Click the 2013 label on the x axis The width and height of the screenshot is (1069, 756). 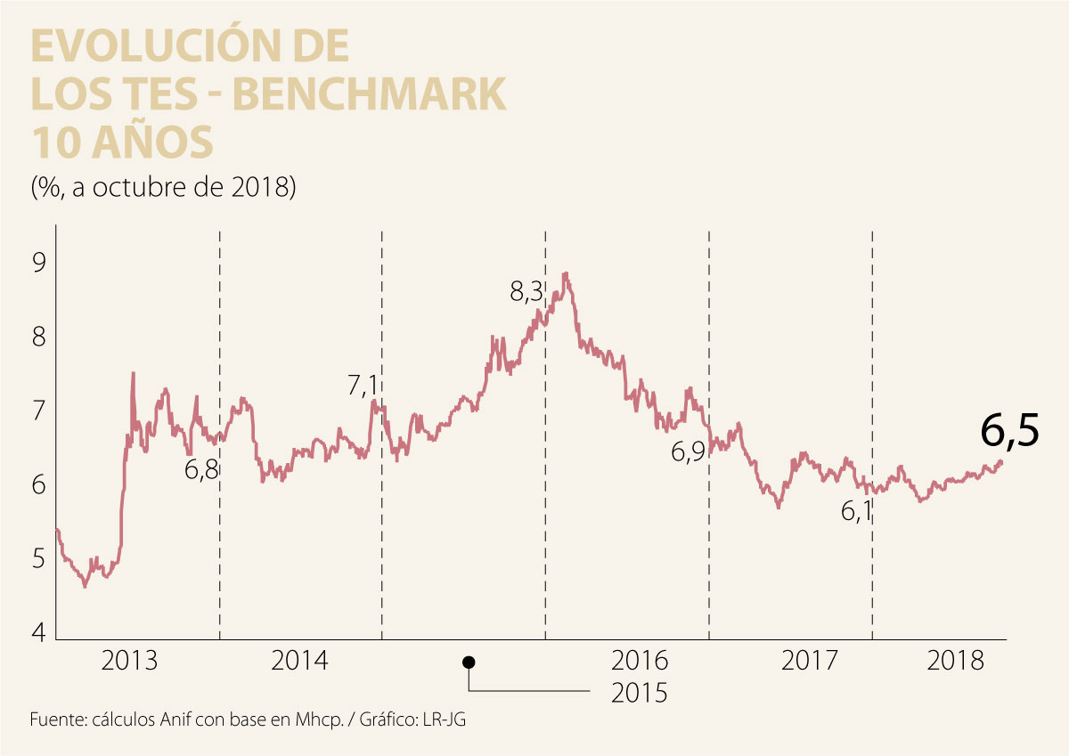point(130,662)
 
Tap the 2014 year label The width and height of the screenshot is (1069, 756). point(299,662)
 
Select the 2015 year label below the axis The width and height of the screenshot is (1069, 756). point(639,693)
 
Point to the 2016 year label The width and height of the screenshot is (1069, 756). point(640,662)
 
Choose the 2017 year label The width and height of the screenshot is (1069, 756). point(809,662)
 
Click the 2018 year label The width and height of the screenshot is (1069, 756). point(956,662)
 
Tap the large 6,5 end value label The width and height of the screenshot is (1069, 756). point(1010,432)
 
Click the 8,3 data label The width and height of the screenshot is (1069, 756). point(526,292)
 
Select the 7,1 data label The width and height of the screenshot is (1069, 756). point(363,386)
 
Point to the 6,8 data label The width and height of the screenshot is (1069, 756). point(201,469)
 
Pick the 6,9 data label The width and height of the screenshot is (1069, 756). point(688,452)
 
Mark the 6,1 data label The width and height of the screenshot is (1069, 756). point(856,511)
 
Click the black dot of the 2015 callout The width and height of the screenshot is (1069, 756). point(469,663)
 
